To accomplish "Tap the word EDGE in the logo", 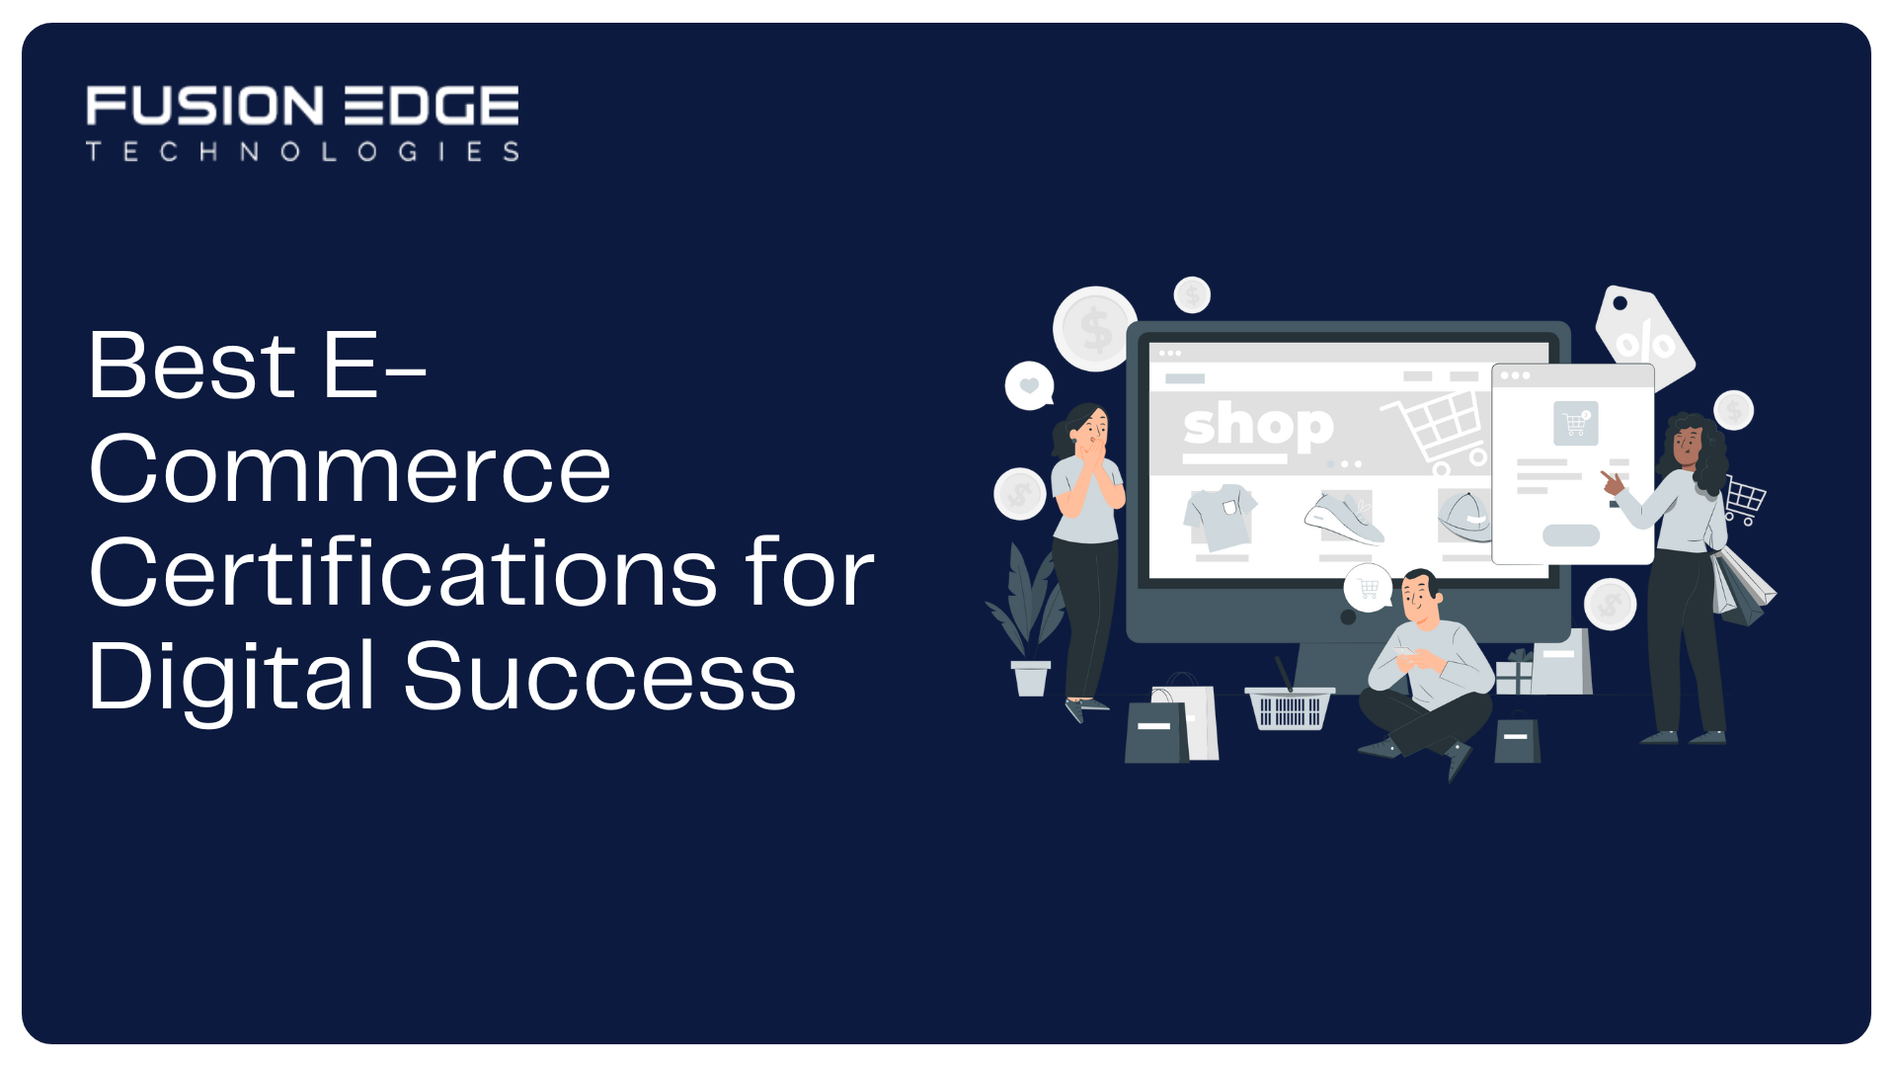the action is (431, 106).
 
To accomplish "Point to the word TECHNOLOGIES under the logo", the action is (302, 151).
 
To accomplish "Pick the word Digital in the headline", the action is (232, 677).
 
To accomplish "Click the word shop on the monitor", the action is (1258, 427).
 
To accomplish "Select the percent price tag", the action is (1643, 336).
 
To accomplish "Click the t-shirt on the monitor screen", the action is (1221, 516).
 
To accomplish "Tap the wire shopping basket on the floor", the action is (1289, 707).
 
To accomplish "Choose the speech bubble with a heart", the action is (1029, 385).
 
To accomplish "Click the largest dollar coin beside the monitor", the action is (1095, 329).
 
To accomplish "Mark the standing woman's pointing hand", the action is (1612, 482).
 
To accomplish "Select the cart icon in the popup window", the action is (1575, 423).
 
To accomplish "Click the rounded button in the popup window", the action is (1571, 535).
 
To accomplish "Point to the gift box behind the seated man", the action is (1513, 674).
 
